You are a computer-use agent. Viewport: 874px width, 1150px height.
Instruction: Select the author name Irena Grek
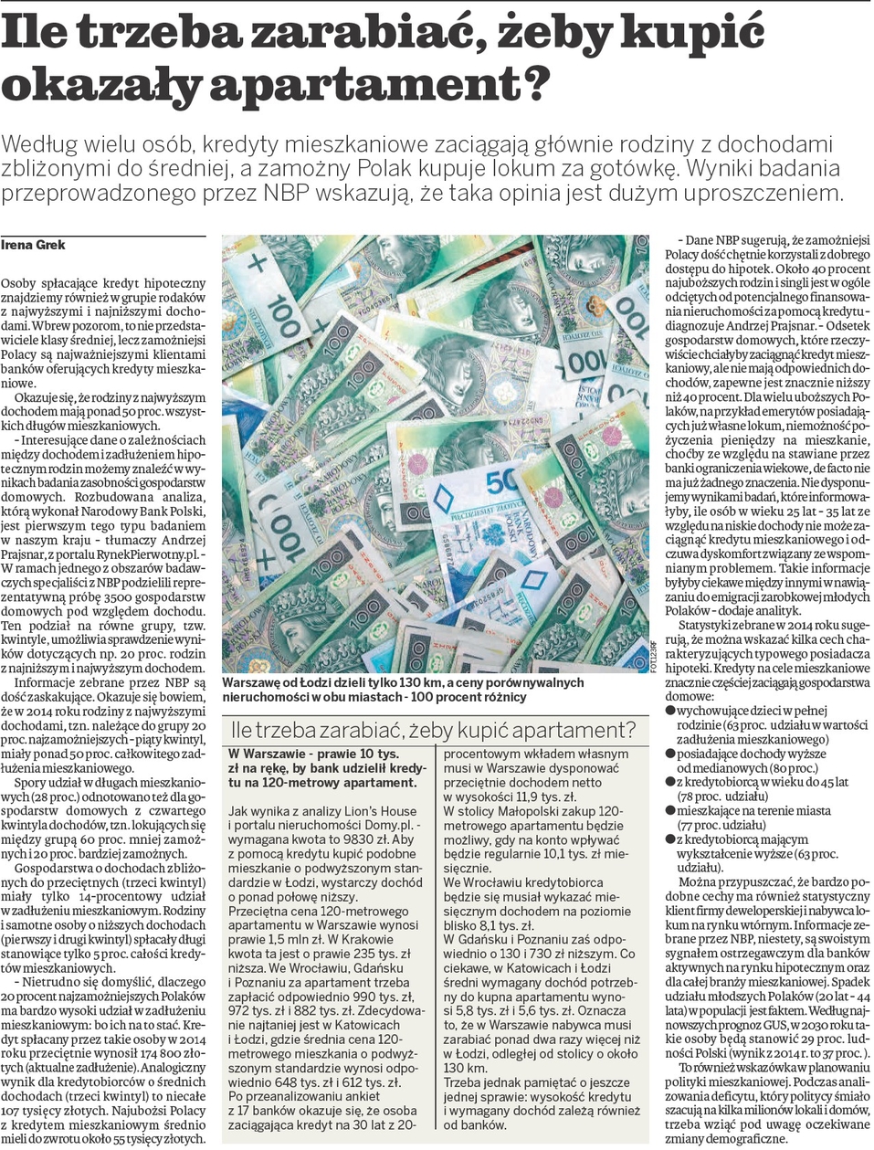point(33,245)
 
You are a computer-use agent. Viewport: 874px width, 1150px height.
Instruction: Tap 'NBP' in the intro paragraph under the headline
point(285,193)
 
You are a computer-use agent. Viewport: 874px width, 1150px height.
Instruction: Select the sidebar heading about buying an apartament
point(433,730)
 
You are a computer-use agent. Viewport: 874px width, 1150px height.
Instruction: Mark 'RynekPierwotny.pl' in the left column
point(136,554)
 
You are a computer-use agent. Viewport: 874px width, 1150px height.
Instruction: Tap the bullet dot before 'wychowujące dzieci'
point(670,711)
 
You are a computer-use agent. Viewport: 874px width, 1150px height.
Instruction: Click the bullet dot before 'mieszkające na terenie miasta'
point(670,810)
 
